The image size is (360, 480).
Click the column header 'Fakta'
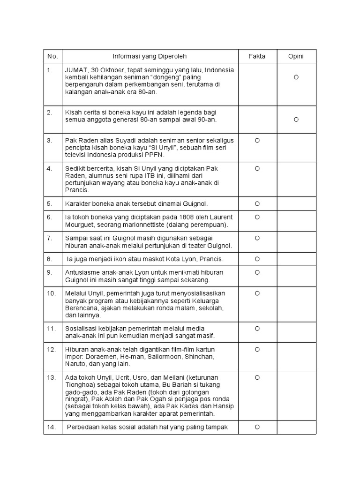(257, 56)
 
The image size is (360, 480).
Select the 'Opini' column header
(296, 56)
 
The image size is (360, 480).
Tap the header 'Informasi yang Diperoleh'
(150, 56)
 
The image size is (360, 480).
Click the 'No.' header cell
(52, 56)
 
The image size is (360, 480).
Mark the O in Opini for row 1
(296, 77)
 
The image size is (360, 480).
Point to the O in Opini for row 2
(296, 120)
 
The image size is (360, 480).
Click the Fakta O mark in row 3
(257, 140)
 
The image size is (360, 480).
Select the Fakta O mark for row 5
(257, 204)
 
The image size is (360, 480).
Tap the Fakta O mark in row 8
(257, 259)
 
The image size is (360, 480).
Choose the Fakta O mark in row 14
(257, 427)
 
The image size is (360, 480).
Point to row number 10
(51, 293)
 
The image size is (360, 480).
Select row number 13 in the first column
(51, 377)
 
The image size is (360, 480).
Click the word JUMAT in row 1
(76, 70)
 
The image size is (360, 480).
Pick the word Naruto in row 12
(75, 364)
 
